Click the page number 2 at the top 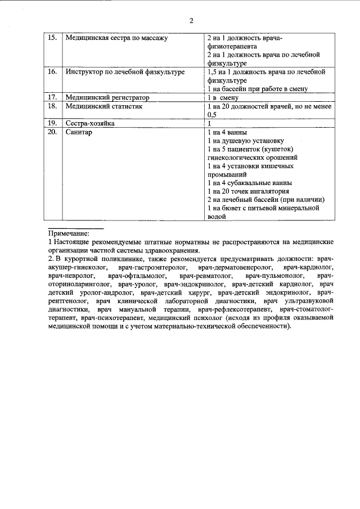(191, 21)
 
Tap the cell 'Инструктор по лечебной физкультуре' (124, 73)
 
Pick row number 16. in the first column (52, 73)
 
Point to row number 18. (52, 106)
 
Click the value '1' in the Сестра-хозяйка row (209, 123)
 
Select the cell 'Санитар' (79, 132)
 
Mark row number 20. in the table (52, 132)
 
